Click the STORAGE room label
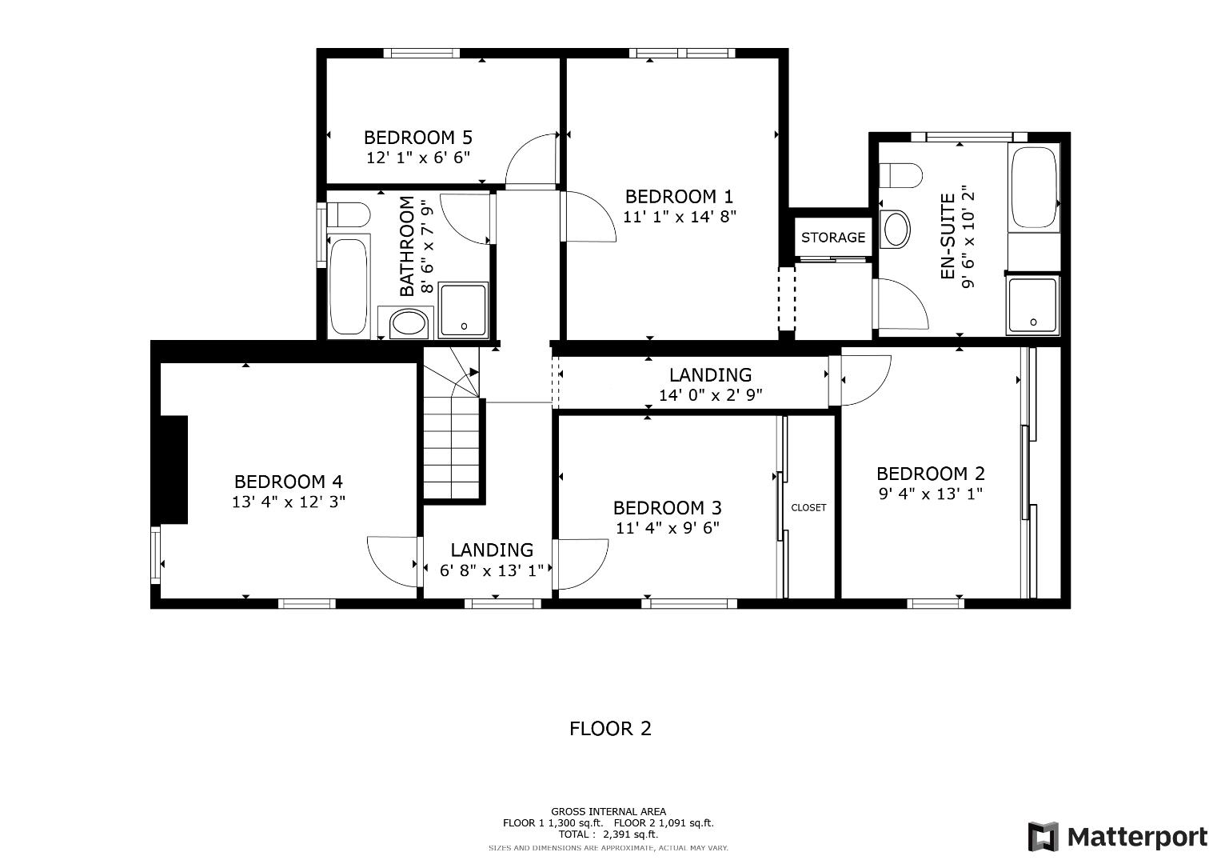[832, 238]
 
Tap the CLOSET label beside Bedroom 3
[808, 508]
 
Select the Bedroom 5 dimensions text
[417, 158]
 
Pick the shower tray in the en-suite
[1033, 304]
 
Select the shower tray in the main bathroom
[463, 309]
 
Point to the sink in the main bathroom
[409, 324]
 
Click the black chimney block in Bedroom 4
[174, 470]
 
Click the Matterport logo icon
[1043, 837]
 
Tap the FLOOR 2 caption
[610, 729]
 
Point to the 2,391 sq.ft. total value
[636, 834]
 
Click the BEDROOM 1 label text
[679, 197]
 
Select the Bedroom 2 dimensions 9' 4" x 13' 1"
[930, 494]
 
